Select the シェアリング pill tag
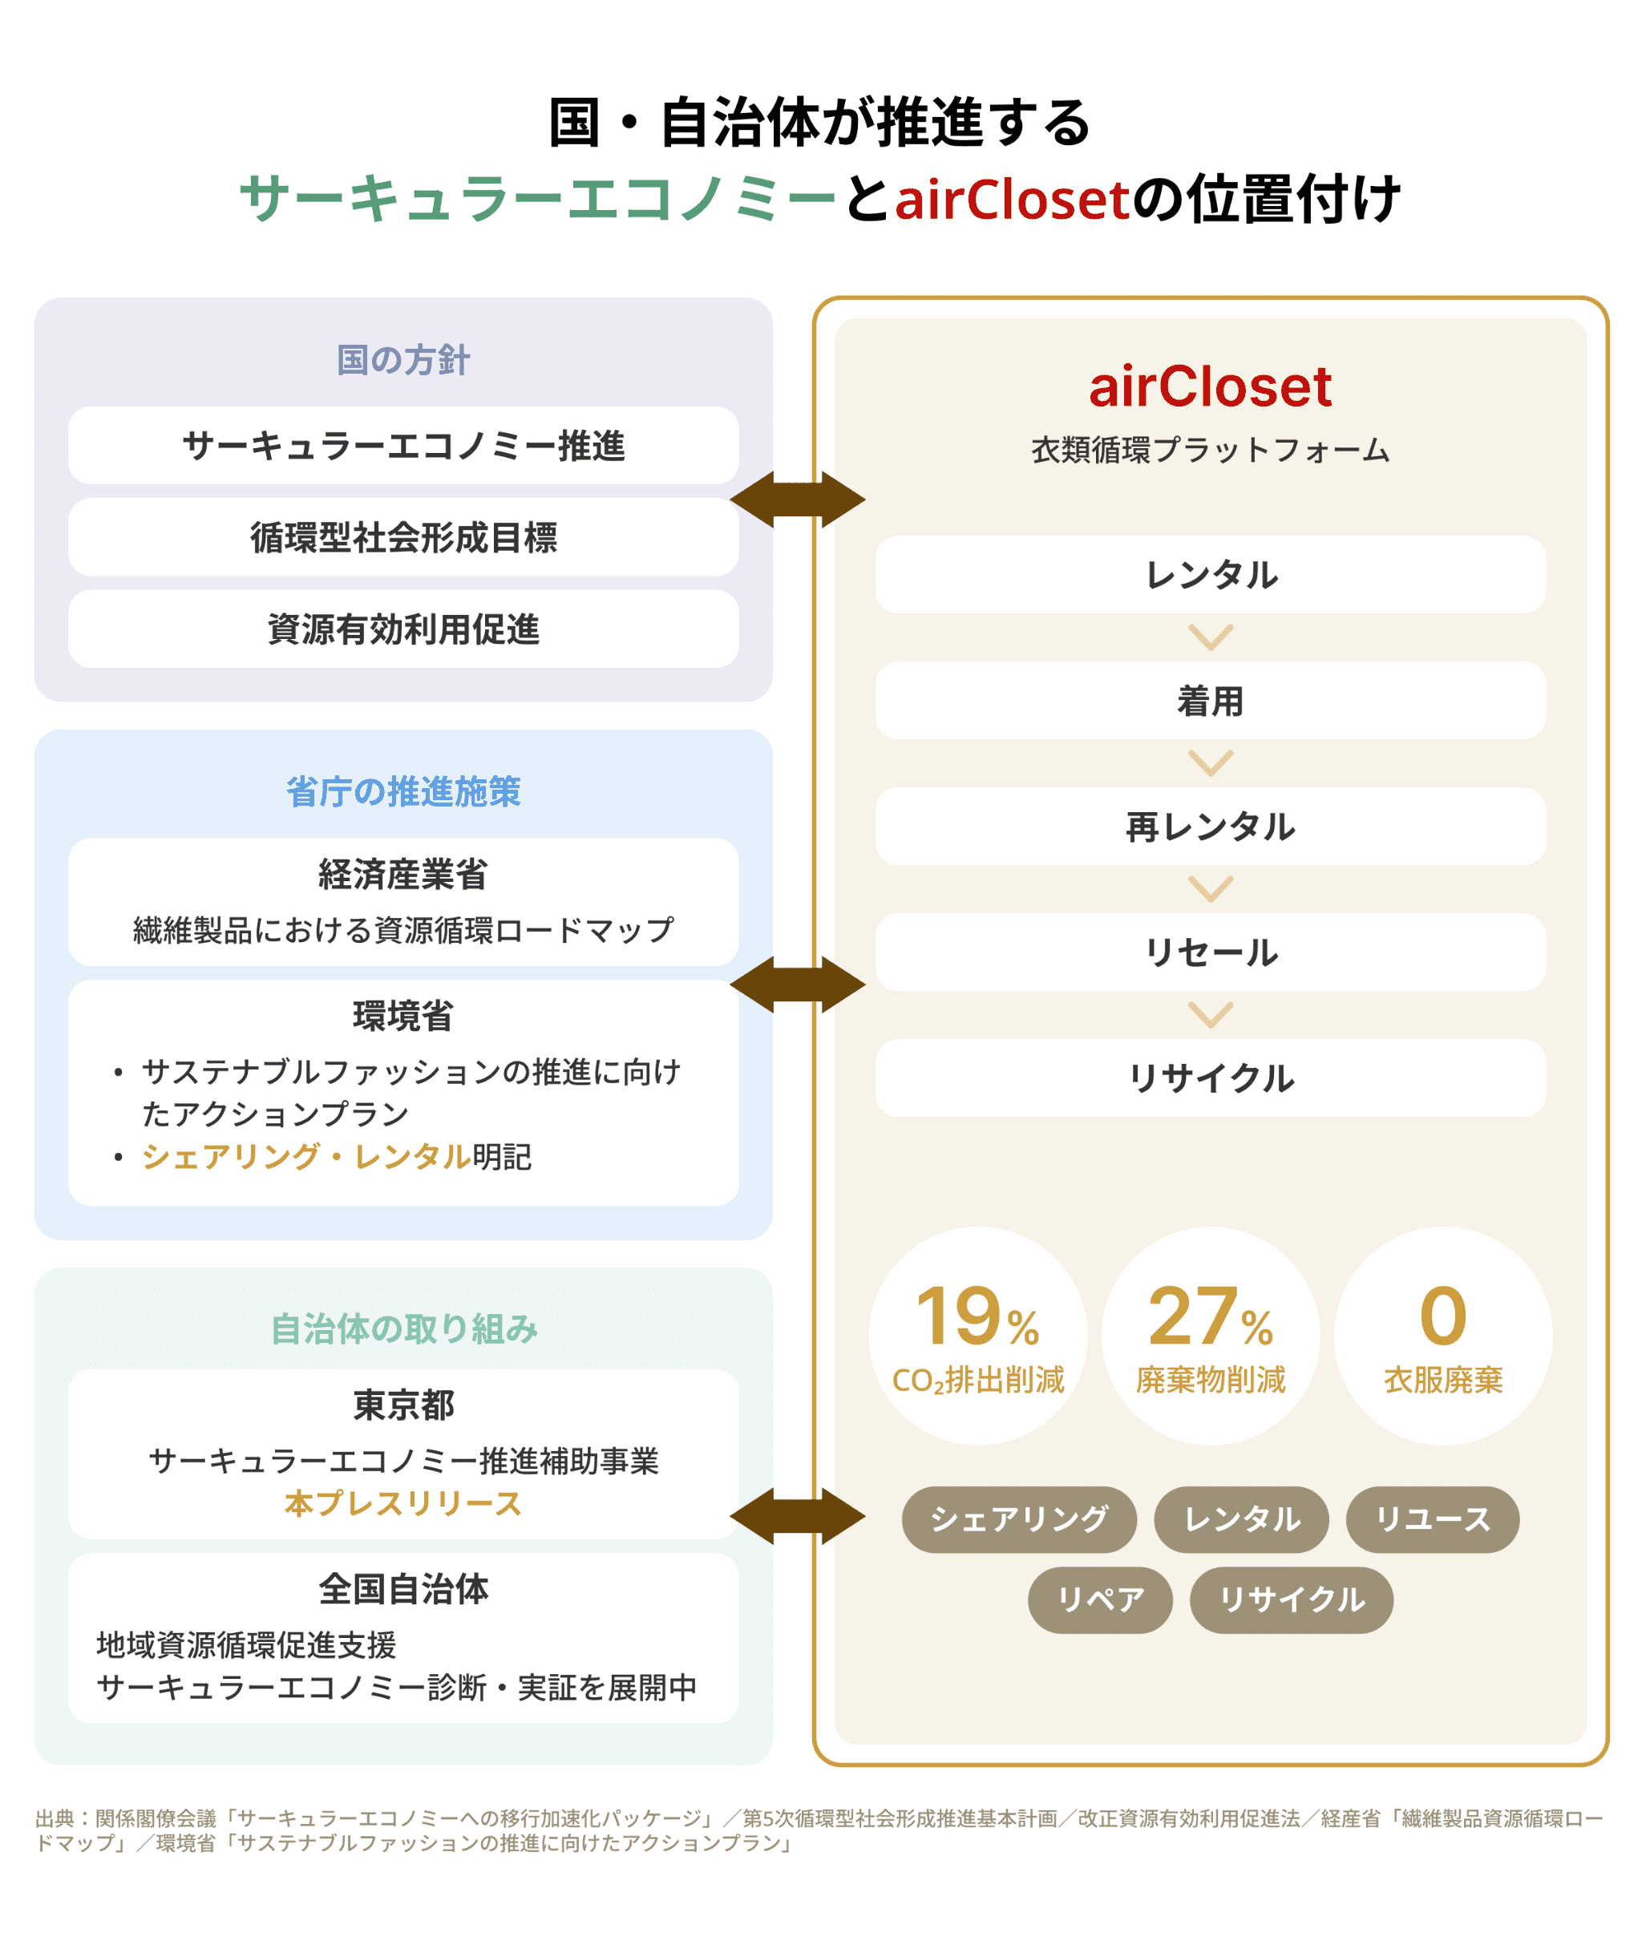pos(1018,1519)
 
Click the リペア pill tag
pos(1099,1600)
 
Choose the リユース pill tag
pos(1433,1519)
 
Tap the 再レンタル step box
pos(1210,827)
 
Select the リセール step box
pos(1210,952)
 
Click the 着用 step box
pos(1210,701)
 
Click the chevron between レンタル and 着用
pos(1210,637)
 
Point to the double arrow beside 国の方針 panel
pos(798,499)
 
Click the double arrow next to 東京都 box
pos(798,1516)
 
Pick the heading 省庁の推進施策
pos(403,792)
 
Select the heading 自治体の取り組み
pos(403,1329)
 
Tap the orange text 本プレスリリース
pos(403,1504)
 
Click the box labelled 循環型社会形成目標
pos(403,537)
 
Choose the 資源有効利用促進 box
pos(403,629)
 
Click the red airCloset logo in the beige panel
pos(1210,387)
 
